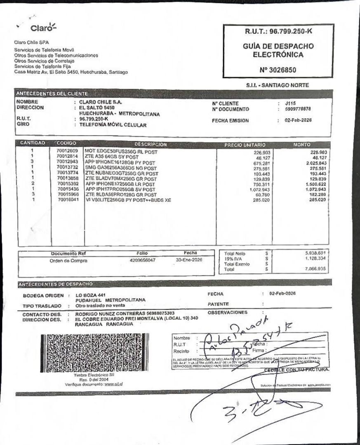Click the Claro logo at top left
click(43, 28)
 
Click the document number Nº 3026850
click(278, 70)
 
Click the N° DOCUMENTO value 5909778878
click(298, 109)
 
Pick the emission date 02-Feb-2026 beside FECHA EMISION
click(298, 120)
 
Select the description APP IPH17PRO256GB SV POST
click(120, 189)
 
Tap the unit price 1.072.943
click(259, 189)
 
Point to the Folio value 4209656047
click(142, 260)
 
